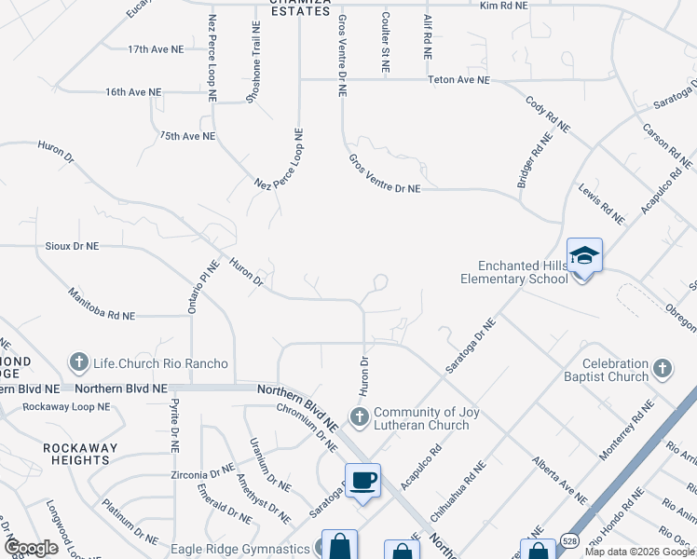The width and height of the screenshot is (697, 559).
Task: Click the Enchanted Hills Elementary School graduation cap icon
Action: (584, 255)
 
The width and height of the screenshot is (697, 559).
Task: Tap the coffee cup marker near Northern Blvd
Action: (363, 481)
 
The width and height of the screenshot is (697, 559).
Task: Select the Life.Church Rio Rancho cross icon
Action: (81, 362)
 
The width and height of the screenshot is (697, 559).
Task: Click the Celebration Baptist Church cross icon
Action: (662, 370)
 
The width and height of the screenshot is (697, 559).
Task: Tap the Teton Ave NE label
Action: (458, 80)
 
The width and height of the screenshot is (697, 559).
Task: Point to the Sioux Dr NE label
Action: (72, 246)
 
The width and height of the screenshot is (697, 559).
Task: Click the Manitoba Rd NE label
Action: (102, 306)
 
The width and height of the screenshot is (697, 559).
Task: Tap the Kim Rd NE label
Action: (503, 6)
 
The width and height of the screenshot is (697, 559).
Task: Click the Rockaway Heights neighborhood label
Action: (80, 454)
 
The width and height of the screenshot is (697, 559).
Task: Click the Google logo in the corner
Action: (31, 548)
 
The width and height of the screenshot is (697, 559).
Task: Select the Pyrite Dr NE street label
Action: (173, 427)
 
